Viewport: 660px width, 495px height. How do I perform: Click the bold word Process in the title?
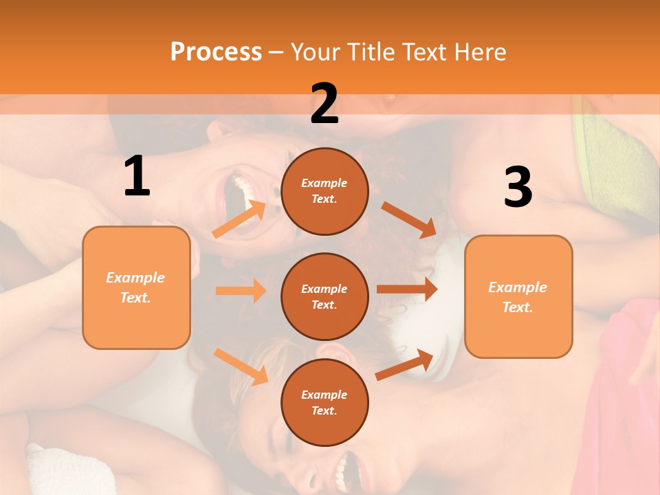216,52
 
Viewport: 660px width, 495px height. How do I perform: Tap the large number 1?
137,177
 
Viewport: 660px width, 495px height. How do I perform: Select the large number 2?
324,104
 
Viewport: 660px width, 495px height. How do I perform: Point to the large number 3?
518,187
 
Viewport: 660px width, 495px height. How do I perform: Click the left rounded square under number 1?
136,287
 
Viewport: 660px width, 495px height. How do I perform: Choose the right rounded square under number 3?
518,296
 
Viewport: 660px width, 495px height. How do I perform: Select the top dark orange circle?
324,191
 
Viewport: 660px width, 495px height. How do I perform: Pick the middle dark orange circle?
324,296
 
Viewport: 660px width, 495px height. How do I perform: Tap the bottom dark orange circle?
324,402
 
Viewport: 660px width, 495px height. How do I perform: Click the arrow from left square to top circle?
239,219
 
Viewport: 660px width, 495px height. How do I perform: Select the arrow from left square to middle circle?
241,291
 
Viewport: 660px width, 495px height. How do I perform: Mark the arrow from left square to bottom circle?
241,366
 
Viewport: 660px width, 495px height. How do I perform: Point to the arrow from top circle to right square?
408,219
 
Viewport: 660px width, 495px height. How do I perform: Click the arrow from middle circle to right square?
407,289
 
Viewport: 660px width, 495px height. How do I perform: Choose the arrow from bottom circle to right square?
405,364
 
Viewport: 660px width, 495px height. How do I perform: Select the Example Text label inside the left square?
135,287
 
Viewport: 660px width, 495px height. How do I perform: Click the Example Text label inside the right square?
518,297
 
